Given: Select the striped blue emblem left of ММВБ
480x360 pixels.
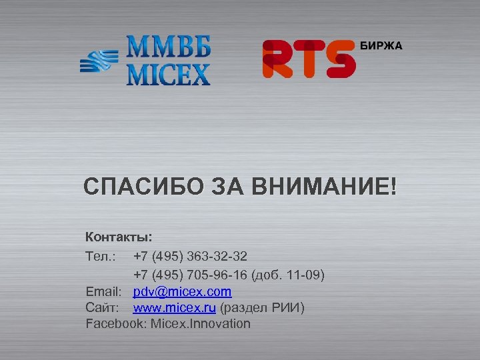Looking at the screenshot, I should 98,61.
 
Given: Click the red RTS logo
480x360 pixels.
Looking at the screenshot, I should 308,58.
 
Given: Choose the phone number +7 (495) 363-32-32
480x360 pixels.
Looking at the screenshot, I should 190,255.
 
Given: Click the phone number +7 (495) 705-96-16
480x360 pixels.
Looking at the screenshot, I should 190,273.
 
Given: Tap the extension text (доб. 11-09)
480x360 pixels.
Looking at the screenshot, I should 288,273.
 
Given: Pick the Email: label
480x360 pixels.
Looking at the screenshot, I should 103,291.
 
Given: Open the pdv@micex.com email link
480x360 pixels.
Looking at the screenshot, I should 182,291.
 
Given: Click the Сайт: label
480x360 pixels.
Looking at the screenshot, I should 102,308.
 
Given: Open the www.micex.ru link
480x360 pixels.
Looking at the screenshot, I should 174,308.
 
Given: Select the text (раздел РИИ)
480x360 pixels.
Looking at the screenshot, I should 262,308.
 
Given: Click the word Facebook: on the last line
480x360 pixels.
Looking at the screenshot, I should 116,324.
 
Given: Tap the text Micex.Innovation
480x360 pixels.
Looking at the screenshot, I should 201,324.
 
